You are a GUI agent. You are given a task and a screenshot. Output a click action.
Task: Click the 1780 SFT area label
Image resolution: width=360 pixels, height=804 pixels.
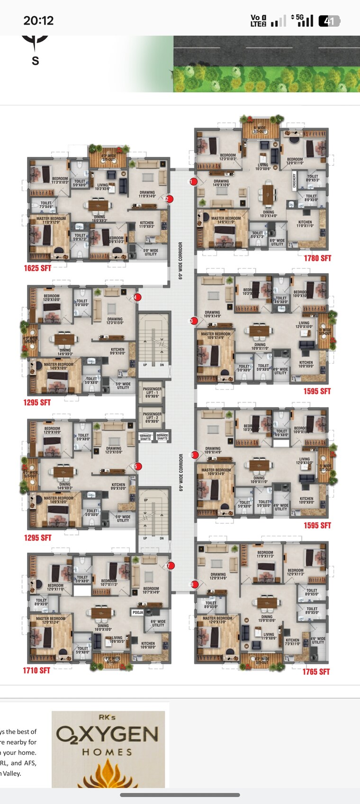click(x=317, y=258)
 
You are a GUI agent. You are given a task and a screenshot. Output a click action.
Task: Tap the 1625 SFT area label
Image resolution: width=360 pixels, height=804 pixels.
click(x=37, y=268)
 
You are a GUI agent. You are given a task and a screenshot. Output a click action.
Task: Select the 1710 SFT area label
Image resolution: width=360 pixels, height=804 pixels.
click(x=36, y=670)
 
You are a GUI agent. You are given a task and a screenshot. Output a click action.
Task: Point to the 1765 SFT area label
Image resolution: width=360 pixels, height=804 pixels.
click(x=316, y=671)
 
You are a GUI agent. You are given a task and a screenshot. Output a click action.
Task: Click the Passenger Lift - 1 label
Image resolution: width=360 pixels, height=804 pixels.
click(x=152, y=391)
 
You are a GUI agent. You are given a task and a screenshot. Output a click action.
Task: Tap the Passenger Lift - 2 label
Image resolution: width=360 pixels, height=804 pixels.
click(x=152, y=416)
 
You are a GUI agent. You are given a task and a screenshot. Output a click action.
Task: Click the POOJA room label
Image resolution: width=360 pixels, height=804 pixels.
click(x=138, y=613)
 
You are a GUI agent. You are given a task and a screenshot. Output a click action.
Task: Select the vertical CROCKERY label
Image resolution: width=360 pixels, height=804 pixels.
click(x=294, y=181)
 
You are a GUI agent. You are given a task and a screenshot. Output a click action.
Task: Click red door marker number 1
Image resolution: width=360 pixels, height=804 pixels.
click(x=193, y=181)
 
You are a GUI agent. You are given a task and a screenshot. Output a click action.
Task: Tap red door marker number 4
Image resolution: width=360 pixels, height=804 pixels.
click(x=137, y=298)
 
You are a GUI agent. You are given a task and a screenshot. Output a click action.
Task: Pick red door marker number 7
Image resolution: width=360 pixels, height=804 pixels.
click(x=171, y=565)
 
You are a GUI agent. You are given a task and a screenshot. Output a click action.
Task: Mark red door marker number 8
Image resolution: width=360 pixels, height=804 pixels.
click(x=194, y=584)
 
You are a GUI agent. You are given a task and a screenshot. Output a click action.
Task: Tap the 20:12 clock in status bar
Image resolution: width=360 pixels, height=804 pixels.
click(x=38, y=20)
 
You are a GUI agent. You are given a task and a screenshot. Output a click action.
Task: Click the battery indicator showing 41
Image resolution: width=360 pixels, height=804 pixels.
click(x=329, y=21)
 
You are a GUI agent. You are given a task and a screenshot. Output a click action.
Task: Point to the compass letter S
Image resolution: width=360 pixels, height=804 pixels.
click(x=35, y=61)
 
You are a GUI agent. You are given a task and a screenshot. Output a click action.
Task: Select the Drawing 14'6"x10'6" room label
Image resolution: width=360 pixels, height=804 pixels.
click(x=221, y=183)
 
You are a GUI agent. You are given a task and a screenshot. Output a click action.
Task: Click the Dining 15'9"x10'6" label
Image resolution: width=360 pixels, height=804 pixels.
click(x=267, y=618)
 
